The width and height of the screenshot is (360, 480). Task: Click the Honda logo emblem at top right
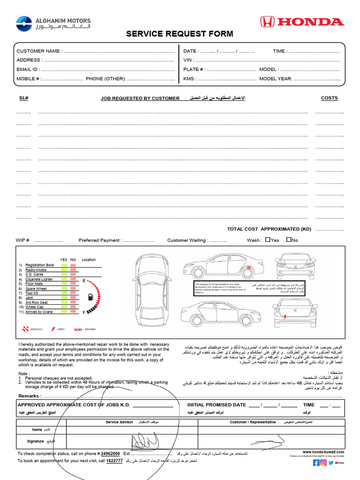(x=267, y=22)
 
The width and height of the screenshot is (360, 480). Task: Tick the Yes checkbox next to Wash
(x=267, y=240)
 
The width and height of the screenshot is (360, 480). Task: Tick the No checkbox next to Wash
(x=288, y=240)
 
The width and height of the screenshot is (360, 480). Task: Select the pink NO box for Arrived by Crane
(x=73, y=312)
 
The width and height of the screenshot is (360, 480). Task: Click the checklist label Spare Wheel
(x=36, y=289)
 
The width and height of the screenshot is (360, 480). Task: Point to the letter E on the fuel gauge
(x=84, y=280)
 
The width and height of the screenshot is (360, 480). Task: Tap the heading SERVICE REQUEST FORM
(x=180, y=34)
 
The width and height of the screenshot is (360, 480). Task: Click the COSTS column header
(x=329, y=98)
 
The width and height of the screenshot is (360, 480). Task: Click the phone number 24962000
(x=111, y=454)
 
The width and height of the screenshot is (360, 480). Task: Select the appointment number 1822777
(x=114, y=461)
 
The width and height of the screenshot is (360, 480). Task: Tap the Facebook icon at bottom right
(x=316, y=463)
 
